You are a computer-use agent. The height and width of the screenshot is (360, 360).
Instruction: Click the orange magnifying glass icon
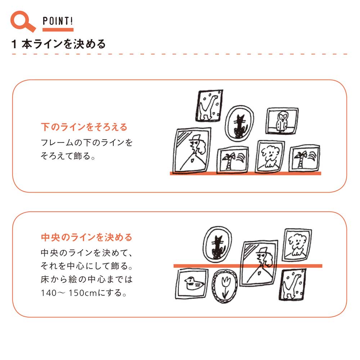22,21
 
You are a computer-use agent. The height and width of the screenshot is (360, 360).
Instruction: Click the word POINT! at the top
58,21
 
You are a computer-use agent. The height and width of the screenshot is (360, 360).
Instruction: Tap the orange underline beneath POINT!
58,30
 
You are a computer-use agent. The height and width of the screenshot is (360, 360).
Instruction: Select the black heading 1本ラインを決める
58,44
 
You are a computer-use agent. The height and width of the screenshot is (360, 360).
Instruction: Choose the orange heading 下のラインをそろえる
84,127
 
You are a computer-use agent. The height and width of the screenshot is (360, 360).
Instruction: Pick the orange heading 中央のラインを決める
86,237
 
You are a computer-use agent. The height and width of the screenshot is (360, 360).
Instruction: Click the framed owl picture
282,121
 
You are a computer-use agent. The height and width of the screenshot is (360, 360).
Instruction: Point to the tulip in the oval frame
225,286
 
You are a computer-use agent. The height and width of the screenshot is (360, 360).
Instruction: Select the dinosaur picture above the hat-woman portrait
209,105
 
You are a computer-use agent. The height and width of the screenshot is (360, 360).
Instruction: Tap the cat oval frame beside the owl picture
239,123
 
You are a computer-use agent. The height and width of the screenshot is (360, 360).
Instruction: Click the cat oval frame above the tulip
217,244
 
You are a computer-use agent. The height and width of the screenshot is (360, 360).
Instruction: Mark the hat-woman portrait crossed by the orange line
259,263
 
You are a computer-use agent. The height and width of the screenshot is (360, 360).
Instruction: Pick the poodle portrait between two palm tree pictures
270,157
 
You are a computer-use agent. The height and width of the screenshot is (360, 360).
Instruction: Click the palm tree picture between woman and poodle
233,160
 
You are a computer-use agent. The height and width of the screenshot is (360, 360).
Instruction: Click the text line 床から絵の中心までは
87,279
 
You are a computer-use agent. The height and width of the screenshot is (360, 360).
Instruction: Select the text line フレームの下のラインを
87,143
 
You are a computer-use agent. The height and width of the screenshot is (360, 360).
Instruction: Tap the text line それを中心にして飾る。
87,266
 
